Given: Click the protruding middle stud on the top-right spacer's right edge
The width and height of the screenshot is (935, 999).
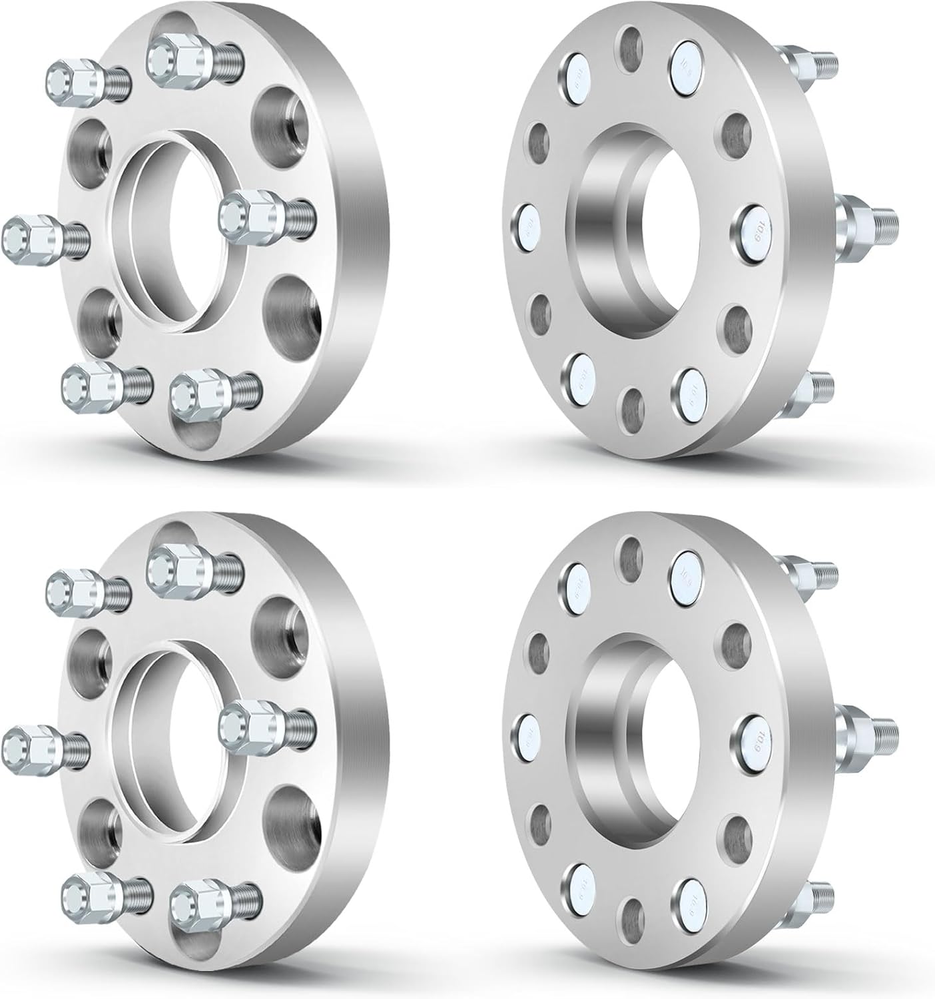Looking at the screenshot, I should click(866, 218).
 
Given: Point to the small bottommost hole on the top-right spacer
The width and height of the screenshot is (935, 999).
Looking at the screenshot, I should click(632, 407).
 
